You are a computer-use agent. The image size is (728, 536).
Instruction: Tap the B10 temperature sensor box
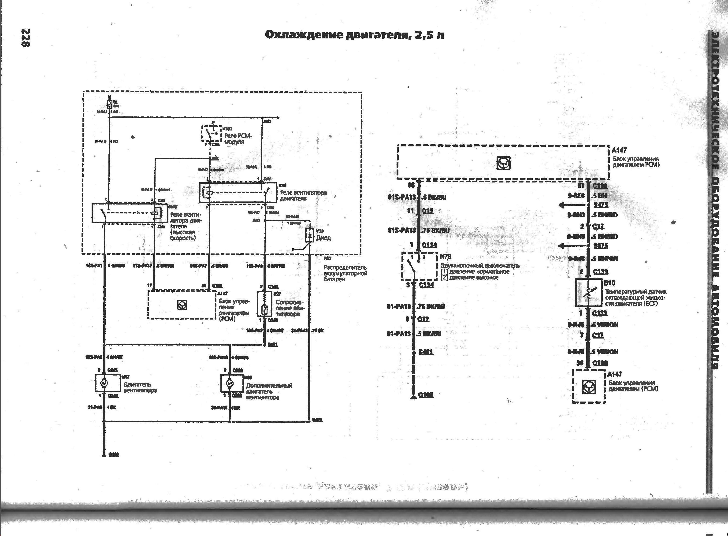coord(588,292)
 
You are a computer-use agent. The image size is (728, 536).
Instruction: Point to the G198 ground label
coord(426,395)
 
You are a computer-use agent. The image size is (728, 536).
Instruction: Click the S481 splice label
coord(426,352)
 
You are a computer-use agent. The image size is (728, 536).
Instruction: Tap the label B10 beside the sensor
coord(609,283)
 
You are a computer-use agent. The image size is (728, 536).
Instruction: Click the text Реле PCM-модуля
coord(238,139)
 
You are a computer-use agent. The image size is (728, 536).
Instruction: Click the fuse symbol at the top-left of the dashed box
coord(109,104)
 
